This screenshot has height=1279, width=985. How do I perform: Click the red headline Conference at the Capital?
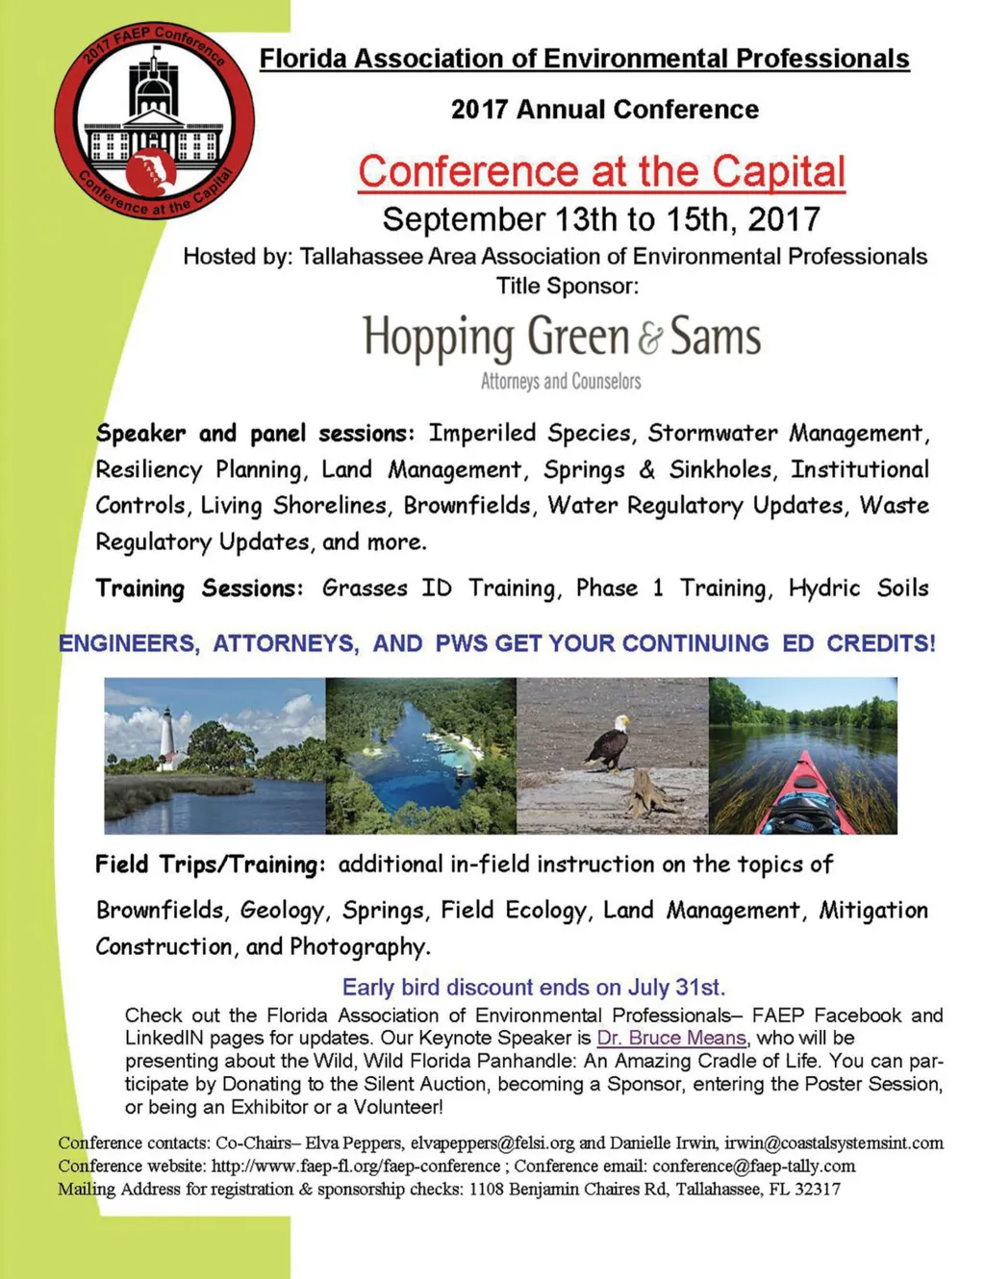601,172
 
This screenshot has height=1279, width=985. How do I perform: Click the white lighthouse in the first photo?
169,739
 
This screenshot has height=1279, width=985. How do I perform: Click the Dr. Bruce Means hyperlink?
671,1039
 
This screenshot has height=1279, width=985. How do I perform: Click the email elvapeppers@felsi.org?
492,1143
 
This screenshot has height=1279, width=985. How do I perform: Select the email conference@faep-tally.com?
754,1166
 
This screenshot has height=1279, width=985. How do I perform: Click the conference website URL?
355,1166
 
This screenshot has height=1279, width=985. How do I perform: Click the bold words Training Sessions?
199,589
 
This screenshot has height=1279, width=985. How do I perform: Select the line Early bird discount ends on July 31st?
534,988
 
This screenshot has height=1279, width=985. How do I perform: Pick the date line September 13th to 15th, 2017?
601,219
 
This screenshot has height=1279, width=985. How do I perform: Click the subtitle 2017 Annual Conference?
605,110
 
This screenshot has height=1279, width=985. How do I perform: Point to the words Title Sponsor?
568,286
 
